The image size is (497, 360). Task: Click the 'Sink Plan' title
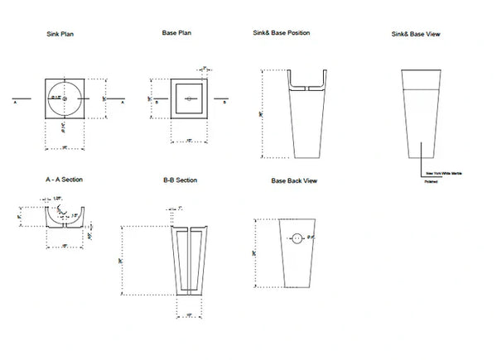63,36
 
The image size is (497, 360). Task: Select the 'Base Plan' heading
176,33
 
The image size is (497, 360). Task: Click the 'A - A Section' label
65,179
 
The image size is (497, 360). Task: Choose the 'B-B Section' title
179,180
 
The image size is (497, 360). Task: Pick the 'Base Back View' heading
294,180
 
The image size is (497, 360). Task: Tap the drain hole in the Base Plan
189,99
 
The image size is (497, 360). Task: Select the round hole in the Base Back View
297,239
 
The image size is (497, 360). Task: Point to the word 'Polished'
431,182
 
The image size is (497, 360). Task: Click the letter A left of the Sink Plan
16,104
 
